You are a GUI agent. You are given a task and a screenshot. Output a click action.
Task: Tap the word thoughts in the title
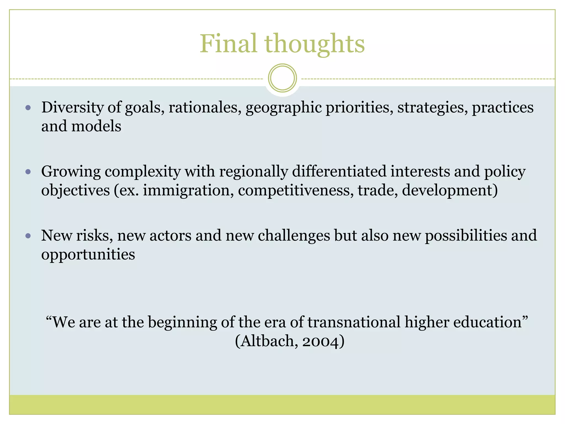(315, 44)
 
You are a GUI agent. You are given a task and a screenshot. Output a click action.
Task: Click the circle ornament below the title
(282, 78)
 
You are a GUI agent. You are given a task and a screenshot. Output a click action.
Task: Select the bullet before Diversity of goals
(28, 108)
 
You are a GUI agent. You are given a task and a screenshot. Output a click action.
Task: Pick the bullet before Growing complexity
(28, 172)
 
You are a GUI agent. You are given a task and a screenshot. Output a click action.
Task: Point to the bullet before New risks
(28, 236)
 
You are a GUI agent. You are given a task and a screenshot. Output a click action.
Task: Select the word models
(96, 126)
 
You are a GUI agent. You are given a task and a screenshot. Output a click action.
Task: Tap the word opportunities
(88, 255)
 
